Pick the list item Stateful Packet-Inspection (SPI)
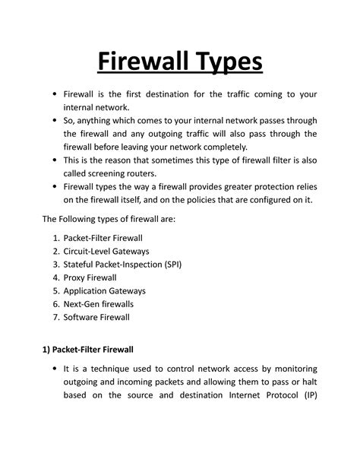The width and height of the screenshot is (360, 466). point(122,264)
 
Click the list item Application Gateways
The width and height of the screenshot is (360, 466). point(104,291)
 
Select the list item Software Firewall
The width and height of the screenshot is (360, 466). point(96,319)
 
